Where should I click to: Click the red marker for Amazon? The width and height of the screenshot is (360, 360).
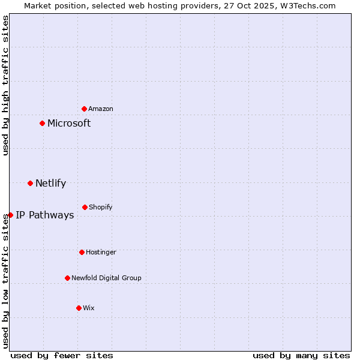(x=84, y=109)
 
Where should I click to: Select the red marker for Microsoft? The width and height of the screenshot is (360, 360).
(x=42, y=124)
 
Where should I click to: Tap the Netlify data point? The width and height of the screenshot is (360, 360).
(x=30, y=183)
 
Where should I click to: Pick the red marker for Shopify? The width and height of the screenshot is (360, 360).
(x=85, y=207)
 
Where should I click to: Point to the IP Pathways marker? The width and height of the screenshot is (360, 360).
(x=10, y=215)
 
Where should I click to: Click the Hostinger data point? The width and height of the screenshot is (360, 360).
(x=82, y=252)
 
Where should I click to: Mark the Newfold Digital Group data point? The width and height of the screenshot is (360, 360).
(x=67, y=278)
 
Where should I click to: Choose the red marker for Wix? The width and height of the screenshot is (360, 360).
(x=79, y=308)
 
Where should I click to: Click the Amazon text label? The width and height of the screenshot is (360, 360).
(x=101, y=109)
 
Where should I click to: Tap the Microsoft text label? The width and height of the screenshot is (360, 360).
(x=69, y=124)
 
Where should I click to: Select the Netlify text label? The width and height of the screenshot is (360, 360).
(x=50, y=183)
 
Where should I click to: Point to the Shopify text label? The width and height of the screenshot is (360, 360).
(x=101, y=207)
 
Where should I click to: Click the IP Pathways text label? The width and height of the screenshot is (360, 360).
(x=45, y=215)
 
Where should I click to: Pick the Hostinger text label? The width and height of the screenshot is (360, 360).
(x=101, y=252)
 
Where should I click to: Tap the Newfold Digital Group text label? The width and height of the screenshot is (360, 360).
(x=106, y=278)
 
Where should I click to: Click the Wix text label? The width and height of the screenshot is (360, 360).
(x=89, y=308)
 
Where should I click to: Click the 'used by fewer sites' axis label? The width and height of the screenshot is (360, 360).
(x=62, y=355)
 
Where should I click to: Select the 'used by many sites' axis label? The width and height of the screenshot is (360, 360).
(x=301, y=355)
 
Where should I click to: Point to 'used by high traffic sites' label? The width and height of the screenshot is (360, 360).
(x=5, y=85)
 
